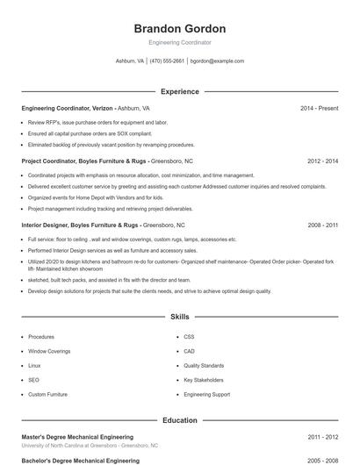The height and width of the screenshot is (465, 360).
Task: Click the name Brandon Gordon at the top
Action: click(x=179, y=29)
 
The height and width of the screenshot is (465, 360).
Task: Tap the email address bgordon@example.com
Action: click(x=217, y=61)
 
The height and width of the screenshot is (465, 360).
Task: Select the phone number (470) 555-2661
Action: click(x=167, y=61)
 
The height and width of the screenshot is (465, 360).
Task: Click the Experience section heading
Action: click(x=179, y=91)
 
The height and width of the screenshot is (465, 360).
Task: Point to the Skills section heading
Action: click(x=179, y=317)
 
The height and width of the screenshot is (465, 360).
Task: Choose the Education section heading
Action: click(x=179, y=420)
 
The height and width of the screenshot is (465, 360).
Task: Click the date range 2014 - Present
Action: click(x=319, y=108)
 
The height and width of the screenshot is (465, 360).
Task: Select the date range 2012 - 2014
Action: click(x=322, y=161)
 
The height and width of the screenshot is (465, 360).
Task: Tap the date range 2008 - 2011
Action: click(x=322, y=225)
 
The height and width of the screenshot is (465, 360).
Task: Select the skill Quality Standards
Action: click(x=204, y=366)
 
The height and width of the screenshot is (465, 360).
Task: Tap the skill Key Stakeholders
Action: click(x=203, y=380)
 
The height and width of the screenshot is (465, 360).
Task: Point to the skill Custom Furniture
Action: click(x=47, y=395)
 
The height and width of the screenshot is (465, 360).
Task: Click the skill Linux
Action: click(x=34, y=366)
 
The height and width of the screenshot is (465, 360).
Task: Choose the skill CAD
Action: click(x=189, y=351)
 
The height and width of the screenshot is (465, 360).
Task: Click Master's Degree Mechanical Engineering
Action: click(x=77, y=436)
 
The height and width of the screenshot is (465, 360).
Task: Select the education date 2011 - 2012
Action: click(x=322, y=436)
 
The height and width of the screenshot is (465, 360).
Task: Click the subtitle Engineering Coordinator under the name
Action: click(x=179, y=42)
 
